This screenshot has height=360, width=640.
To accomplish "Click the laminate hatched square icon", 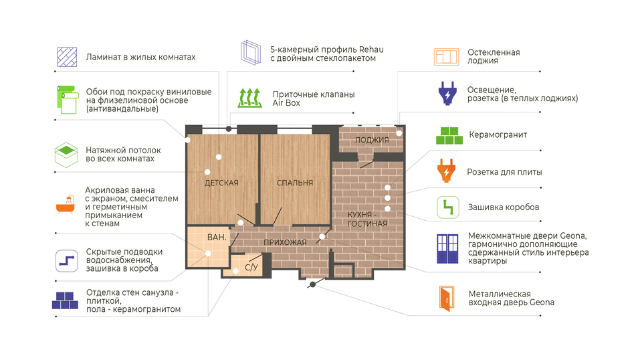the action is coord(67,57).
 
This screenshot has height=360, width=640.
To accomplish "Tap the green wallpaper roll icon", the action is coord(67,99).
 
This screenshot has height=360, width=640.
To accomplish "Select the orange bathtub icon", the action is coord(66,204).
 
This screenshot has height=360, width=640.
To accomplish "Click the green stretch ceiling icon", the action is coord(66,155).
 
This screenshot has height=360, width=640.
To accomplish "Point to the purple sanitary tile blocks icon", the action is coord(66,300).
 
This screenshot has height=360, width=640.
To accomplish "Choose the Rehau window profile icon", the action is coord(251,53).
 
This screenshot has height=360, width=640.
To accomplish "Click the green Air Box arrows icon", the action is coord(249,98).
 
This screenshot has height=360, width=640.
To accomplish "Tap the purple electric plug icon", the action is coord(447,93).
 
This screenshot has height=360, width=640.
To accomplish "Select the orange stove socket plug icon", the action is coord(446,171).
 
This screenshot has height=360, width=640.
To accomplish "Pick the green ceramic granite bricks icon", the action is coord(449,135).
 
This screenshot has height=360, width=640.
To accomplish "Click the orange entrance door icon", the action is coord(447,298).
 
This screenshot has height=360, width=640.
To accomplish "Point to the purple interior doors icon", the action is coord(447,248).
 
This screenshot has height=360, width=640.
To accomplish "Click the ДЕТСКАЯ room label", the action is coord(221,183).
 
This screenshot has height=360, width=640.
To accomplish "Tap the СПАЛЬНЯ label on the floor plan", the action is coord(295,183).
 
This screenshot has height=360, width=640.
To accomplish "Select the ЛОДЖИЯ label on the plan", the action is coord(372,140).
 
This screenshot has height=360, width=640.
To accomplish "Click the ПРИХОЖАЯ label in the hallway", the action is coord(285,242).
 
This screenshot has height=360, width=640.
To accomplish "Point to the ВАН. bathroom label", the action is coord(217,237).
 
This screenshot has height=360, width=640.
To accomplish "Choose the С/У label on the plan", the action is coord(251,267).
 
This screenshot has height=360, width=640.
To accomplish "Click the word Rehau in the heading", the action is coord(371,50).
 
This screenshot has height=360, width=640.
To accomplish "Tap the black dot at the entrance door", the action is coord(313,284).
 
